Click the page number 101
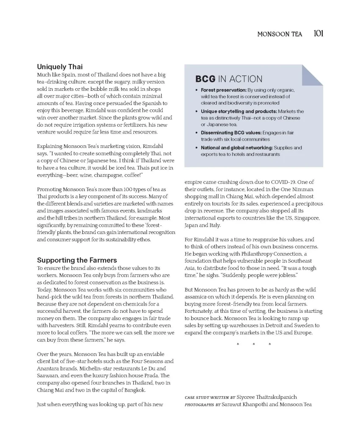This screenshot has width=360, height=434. [318, 33]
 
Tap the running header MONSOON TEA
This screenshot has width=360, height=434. [280, 34]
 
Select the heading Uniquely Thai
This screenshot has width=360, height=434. [60, 67]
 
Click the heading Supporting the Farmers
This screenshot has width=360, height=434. [77, 260]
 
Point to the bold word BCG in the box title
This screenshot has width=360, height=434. [205, 79]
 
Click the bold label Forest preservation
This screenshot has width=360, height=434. [224, 90]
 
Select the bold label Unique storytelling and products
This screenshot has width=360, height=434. [239, 111]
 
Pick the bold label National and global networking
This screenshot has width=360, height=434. [237, 147]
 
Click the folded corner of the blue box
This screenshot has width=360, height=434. [313, 74]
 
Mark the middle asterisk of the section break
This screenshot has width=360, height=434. [253, 344]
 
